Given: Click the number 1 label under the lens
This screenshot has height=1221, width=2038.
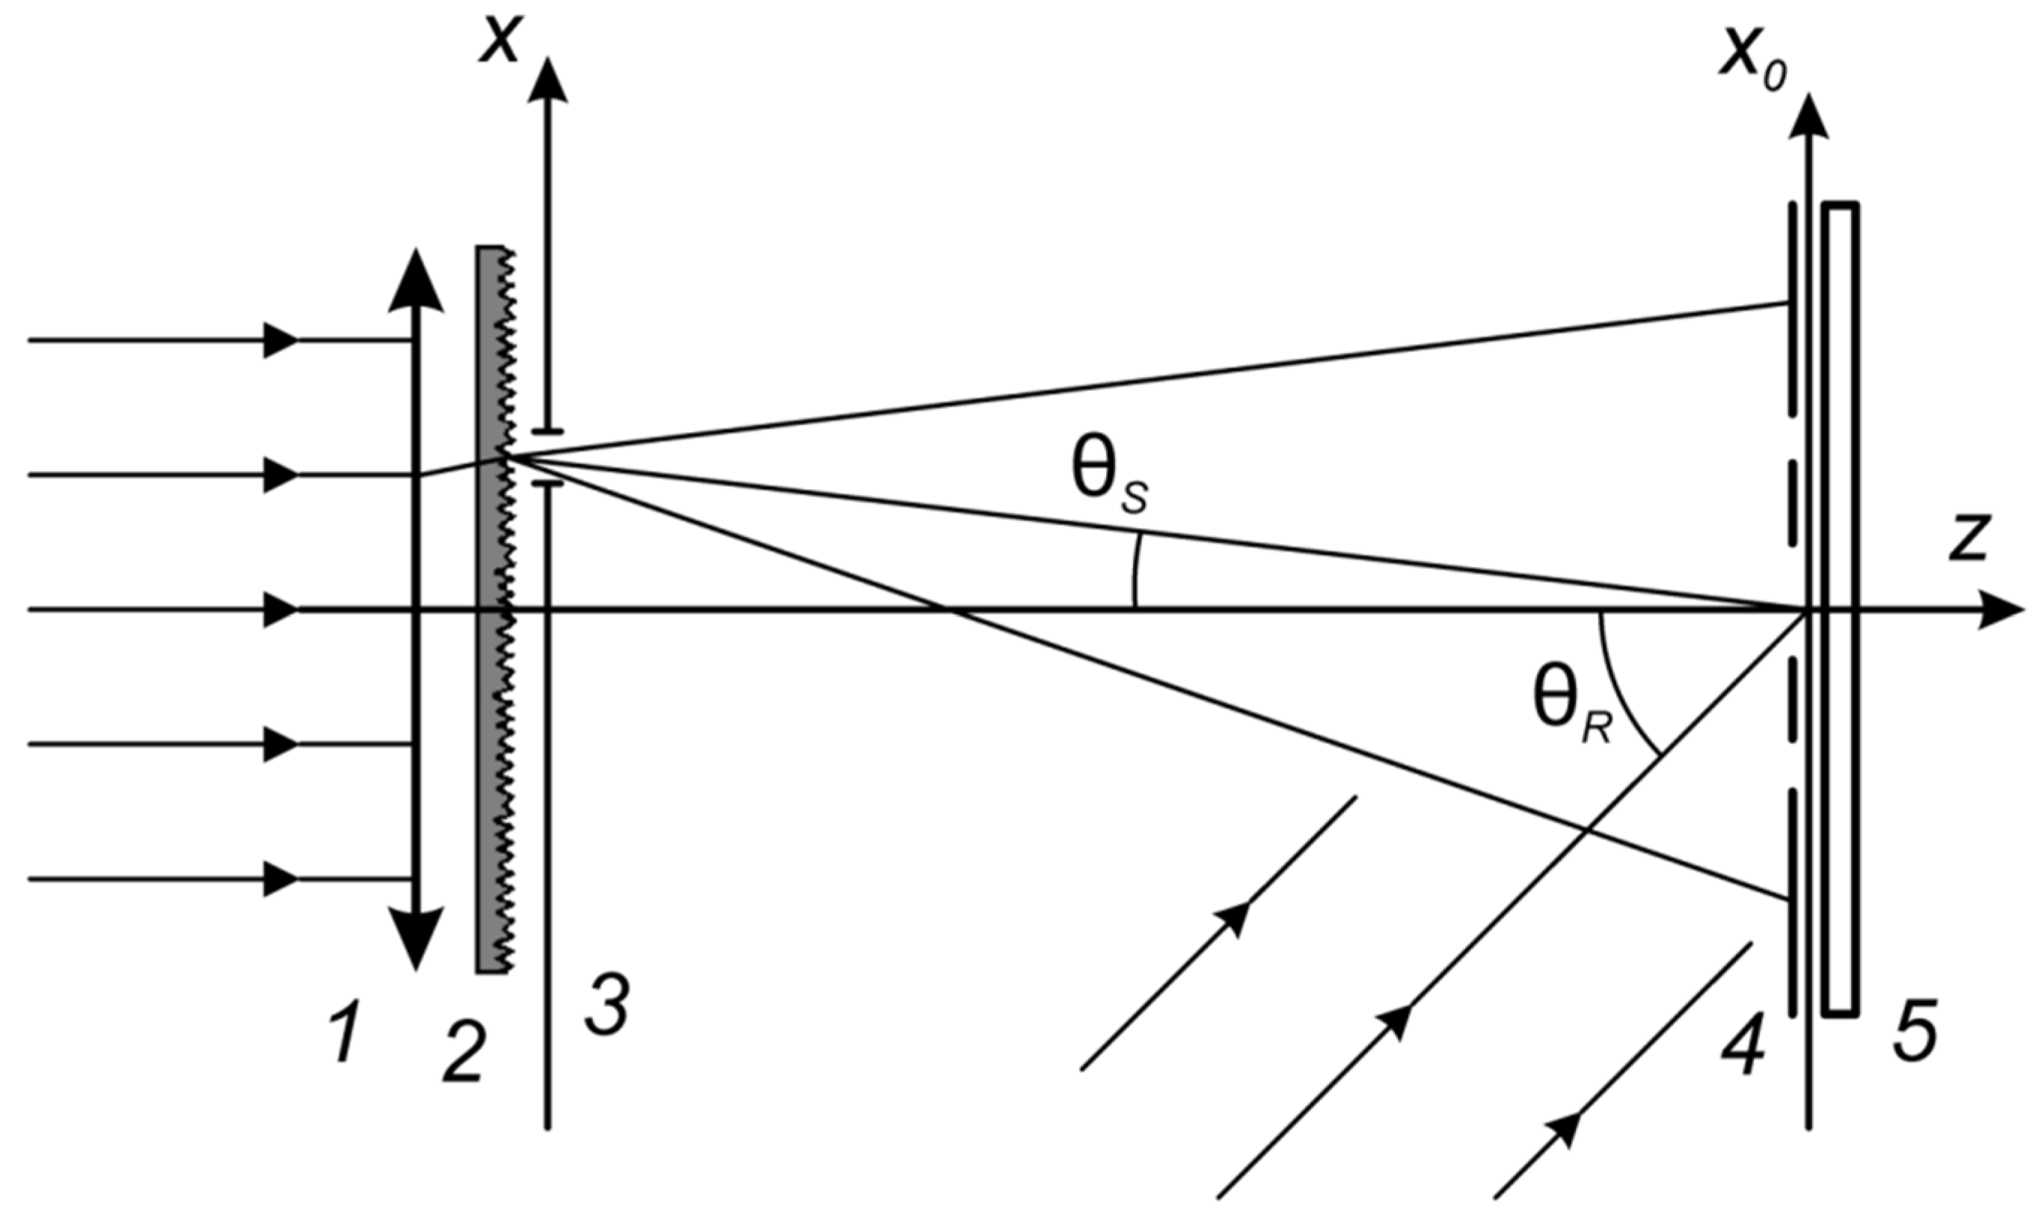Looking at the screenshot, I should click(345, 1039).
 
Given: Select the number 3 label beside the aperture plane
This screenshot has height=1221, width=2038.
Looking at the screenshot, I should click(607, 1006).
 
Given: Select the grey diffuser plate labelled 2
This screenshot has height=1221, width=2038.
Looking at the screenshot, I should click(491, 609).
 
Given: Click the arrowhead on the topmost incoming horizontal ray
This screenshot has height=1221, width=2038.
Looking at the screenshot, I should click(280, 339).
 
